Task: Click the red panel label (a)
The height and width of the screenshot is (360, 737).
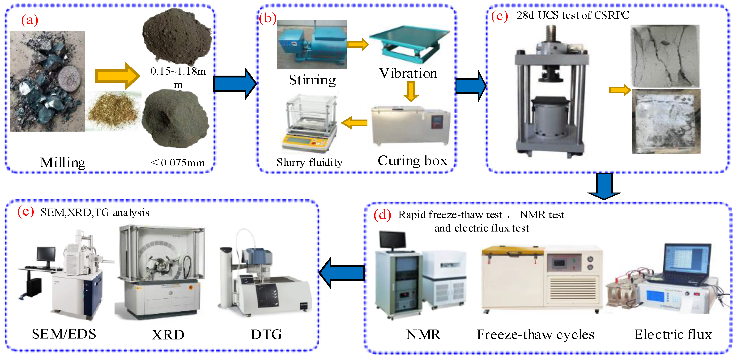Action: point(30,20)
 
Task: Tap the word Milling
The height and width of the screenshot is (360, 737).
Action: point(63,163)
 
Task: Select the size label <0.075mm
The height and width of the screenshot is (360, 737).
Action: point(178,163)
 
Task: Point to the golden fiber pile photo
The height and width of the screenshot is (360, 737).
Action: point(114,111)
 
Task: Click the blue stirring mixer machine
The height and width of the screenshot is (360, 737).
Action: point(311,44)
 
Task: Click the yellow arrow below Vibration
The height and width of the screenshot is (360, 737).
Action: point(411,91)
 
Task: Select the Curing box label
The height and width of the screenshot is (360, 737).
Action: point(412,161)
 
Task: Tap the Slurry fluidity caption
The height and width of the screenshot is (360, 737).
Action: point(309,163)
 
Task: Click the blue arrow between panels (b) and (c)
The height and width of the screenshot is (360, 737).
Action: point(470,86)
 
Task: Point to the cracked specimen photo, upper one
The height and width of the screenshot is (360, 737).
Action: point(665,56)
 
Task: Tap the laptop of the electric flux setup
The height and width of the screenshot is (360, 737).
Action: point(687,263)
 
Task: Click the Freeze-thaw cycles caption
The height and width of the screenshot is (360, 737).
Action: point(535,334)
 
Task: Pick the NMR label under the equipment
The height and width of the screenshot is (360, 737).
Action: point(423,334)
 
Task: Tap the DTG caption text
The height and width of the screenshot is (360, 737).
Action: point(266,334)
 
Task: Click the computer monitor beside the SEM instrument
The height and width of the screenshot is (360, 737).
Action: point(46,254)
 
